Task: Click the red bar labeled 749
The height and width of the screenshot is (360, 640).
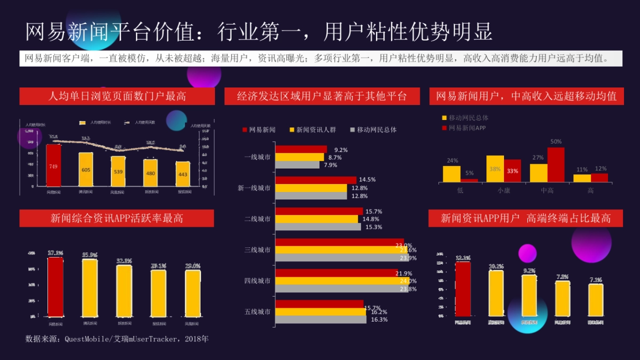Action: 53,166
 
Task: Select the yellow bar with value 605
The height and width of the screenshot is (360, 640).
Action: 86,170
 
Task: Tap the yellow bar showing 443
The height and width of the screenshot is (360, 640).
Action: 183,174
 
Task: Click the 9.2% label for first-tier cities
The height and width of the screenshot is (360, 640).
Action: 341,150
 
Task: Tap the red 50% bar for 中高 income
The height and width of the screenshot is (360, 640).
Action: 556,165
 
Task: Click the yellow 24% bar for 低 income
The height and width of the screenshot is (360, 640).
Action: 452,174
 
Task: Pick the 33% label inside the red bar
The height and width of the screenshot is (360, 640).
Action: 513,171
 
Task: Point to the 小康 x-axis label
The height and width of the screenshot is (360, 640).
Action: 503,190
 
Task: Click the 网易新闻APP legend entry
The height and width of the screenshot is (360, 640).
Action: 463,128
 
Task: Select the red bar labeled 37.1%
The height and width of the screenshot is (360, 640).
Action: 55,287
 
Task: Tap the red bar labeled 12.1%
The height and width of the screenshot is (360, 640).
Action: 463,289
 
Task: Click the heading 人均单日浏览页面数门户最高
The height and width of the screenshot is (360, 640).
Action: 117,97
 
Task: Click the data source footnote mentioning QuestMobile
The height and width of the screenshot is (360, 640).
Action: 117,339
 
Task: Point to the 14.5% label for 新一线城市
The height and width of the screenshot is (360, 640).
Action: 367,180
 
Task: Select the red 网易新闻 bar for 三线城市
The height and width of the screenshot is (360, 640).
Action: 339,242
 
